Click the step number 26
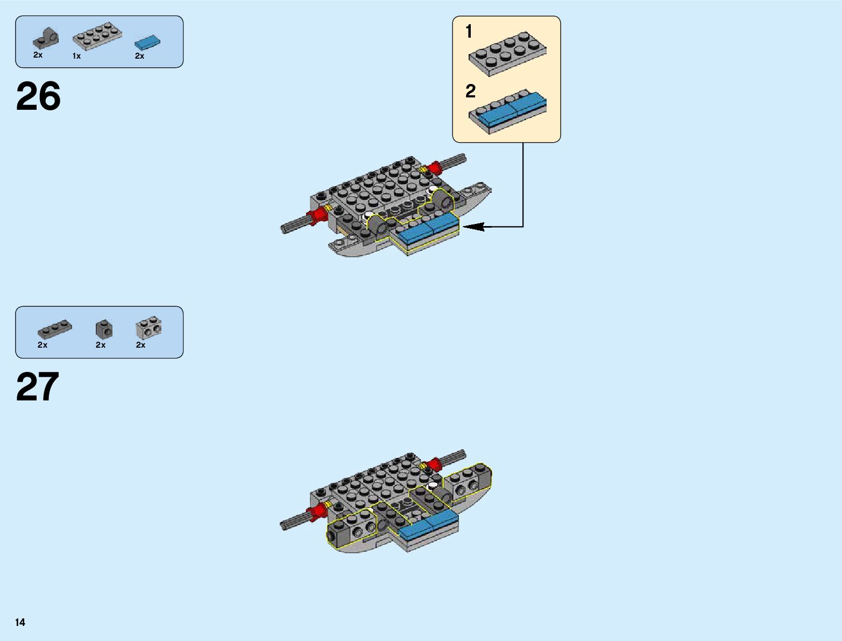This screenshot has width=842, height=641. coord(38,97)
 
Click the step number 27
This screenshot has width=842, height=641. coord(37,387)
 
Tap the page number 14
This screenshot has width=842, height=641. coord(20,622)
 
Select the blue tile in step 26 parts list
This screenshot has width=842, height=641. coord(147,42)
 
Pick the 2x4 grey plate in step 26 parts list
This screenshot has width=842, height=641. coord(97,36)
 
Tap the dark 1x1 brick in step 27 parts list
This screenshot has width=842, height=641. coord(104,329)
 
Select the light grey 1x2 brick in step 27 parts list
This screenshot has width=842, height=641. coord(148,327)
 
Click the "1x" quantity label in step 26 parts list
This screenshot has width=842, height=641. coord(76,56)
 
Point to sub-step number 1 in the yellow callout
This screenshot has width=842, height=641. coord(469,32)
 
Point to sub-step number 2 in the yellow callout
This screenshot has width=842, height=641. coord(470,91)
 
